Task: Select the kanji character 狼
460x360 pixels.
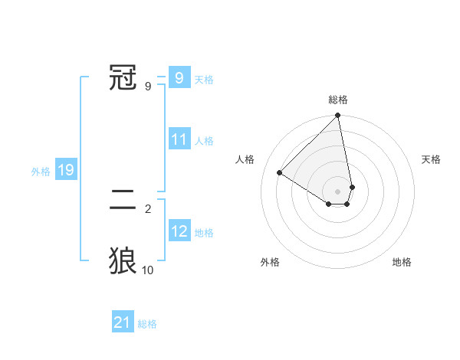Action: point(123,261)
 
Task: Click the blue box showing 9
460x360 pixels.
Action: point(179,77)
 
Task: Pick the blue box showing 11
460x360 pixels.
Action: point(179,140)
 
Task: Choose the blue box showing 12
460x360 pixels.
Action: point(179,232)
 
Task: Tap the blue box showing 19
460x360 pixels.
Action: point(66,171)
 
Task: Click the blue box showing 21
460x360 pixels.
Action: point(123,323)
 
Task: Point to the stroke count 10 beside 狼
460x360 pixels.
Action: point(148,270)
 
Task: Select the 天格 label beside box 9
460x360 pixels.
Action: point(204,80)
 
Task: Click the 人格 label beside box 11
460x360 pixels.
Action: point(204,141)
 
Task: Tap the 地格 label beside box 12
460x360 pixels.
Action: point(204,233)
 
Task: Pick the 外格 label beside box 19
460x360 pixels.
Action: point(41,172)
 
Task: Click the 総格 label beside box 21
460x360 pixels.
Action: point(147,324)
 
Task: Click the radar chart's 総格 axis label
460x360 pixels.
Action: point(338,100)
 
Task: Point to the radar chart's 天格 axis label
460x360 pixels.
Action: point(432,159)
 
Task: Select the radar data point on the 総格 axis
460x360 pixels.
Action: point(338,116)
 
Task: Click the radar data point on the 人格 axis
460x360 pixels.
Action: point(280,173)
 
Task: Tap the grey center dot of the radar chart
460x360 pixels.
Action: point(338,191)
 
